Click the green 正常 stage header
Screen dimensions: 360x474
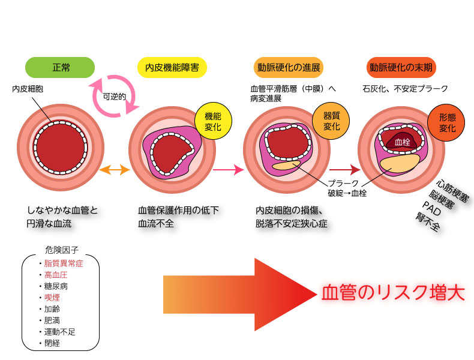coord(61,67)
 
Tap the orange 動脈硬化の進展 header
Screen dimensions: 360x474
coord(287,67)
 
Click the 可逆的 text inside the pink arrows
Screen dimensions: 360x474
coord(114,97)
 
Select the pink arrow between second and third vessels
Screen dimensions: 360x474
coord(229,170)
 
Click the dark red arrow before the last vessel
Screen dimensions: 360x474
coord(343,170)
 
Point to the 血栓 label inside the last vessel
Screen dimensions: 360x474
coord(403,142)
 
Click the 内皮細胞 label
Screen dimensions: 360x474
coord(28,89)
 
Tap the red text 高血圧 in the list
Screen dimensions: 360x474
coord(56,274)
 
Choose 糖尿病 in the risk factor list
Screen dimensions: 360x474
coord(56,286)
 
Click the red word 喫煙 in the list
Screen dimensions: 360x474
coord(52,297)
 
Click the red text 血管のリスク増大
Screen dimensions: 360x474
coord(393,292)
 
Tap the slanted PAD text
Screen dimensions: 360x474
coord(433,208)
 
